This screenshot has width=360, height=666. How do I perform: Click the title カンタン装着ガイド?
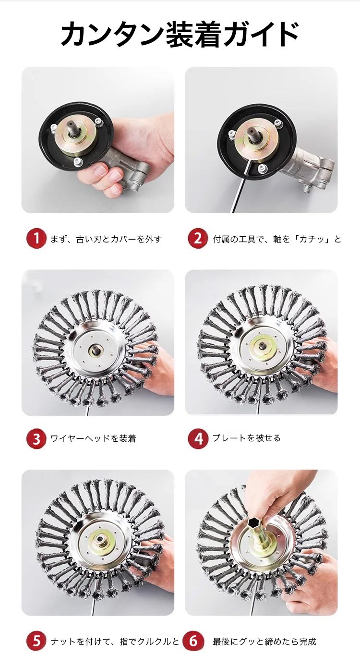coord(180,35)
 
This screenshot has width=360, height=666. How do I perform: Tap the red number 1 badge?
coord(36,238)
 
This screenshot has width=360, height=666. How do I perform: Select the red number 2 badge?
coord(198,238)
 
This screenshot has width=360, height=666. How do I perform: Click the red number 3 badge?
coord(36,438)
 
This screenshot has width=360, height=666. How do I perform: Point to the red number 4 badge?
coord(198,438)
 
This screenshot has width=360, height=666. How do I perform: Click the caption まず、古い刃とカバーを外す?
coord(106,239)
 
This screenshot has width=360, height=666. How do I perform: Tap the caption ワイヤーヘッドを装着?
coord(93,438)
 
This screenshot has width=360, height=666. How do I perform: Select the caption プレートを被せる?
coord(246,438)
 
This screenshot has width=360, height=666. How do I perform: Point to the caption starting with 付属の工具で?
coord(277,239)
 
